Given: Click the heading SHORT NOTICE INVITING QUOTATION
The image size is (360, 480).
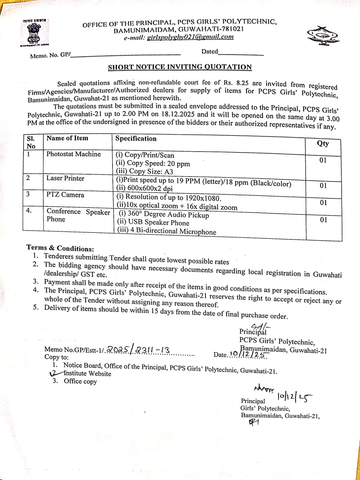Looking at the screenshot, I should click(180, 67).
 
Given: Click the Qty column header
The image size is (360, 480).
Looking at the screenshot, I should click(323, 143).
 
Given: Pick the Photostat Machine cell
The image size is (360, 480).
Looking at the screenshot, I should click(73, 154).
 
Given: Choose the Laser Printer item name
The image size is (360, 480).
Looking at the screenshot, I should click(65, 178).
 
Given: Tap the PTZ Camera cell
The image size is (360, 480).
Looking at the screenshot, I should click(65, 195).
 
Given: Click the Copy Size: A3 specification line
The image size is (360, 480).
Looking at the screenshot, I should click(144, 172).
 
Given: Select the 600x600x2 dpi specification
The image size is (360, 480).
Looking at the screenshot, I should click(144, 188).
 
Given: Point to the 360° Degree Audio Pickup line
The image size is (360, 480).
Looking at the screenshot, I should click(164, 214).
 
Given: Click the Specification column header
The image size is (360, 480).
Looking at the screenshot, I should click(136, 138).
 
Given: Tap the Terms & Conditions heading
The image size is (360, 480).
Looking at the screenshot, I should click(60, 248).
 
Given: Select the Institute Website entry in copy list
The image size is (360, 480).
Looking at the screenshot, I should click(87, 373).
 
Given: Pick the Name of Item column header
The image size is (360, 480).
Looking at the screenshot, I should click(67, 138).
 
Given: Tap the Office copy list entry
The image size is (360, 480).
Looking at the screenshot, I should click(80, 381).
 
